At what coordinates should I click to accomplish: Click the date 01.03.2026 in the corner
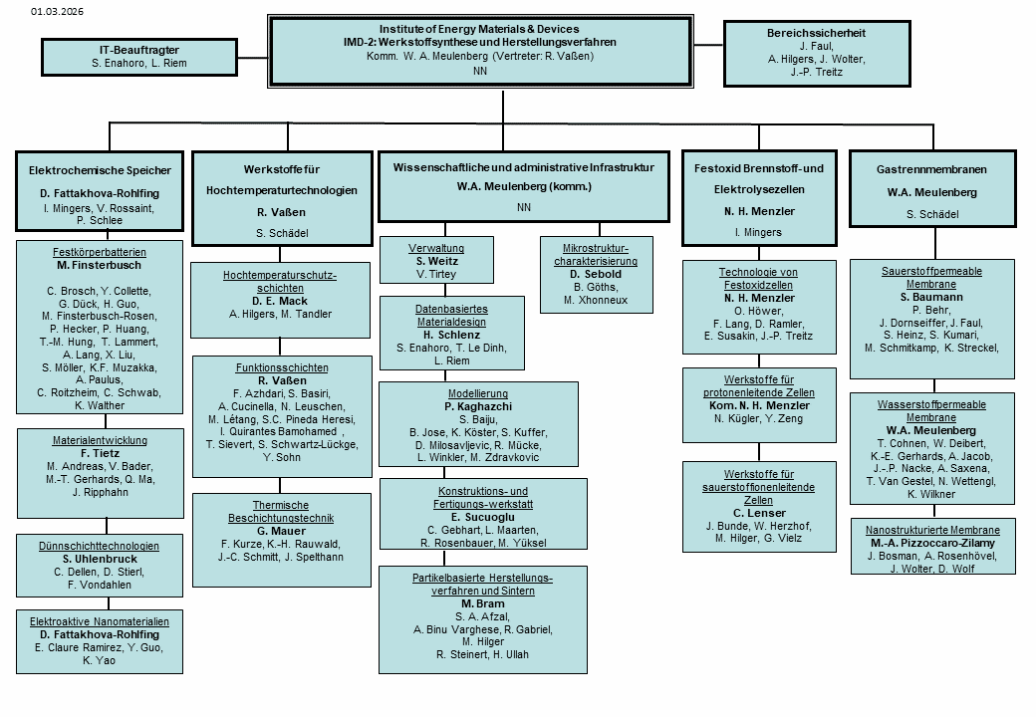[x=57, y=11]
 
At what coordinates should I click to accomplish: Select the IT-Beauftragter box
[x=139, y=57]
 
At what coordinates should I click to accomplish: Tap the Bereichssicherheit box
[x=817, y=53]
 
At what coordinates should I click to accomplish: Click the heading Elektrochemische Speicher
[x=100, y=170]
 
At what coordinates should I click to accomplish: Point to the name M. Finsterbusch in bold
[x=99, y=266]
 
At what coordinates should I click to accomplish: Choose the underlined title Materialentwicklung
[x=100, y=440]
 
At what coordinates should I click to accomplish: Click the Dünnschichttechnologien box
[x=100, y=566]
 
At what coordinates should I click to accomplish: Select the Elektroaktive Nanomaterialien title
[x=99, y=621]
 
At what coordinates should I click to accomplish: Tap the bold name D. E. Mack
[x=280, y=301]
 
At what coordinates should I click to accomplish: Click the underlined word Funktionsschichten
[x=282, y=367]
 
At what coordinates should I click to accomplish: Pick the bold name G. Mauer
[x=282, y=531]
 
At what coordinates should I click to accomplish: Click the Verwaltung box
[x=436, y=260]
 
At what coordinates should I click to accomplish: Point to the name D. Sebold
[x=596, y=274]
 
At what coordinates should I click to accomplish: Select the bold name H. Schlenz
[x=452, y=335]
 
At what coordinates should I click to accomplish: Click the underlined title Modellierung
[x=478, y=393]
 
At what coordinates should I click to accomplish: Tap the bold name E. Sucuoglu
[x=483, y=517]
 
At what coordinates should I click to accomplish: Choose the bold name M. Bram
[x=483, y=603]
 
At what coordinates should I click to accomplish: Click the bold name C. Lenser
[x=759, y=513]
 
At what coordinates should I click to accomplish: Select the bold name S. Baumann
[x=931, y=297]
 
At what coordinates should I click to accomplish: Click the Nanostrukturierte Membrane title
[x=933, y=530]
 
